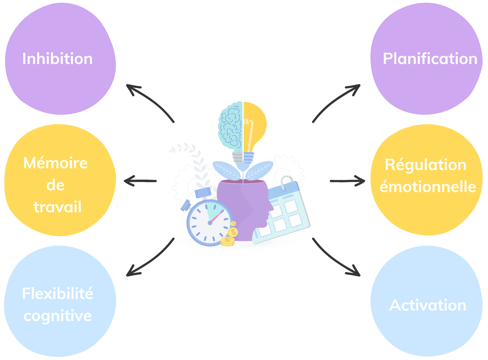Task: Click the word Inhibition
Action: coord(57,59)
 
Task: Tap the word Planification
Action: coord(430,59)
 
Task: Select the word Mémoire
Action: coord(56,163)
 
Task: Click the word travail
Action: coord(57,207)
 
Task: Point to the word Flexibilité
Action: coord(57,294)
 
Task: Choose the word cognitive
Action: coord(57,316)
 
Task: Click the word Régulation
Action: coord(425,165)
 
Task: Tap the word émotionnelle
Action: coord(428,187)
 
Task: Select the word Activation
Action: coord(428,305)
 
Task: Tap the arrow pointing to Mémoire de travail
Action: coord(140,181)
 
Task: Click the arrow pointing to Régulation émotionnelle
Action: coord(347,181)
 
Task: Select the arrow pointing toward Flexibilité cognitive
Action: coord(150,258)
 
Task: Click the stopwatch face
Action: coord(209,222)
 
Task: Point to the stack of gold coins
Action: coord(228,241)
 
